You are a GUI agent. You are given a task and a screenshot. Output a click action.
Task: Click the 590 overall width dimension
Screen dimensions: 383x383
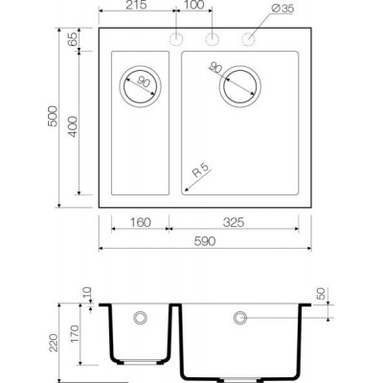click(205, 241)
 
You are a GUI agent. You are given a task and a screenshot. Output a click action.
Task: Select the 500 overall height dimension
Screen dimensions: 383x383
click(53, 116)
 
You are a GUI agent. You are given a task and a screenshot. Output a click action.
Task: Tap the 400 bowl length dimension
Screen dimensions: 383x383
click(73, 126)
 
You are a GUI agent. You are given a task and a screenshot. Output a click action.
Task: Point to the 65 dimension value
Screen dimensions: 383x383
click(73, 39)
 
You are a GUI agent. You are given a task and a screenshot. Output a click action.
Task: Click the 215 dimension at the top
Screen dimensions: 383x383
click(136, 5)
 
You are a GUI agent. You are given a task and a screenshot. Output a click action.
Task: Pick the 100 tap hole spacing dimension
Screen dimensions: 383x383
click(194, 5)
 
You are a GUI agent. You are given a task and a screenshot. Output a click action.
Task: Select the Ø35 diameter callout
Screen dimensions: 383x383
click(283, 9)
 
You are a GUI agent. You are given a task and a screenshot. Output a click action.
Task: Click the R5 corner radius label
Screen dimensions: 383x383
click(202, 170)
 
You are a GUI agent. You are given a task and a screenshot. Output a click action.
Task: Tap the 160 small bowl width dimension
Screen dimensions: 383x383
click(141, 222)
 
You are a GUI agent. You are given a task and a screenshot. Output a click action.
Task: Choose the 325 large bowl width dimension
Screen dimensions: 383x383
click(234, 222)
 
